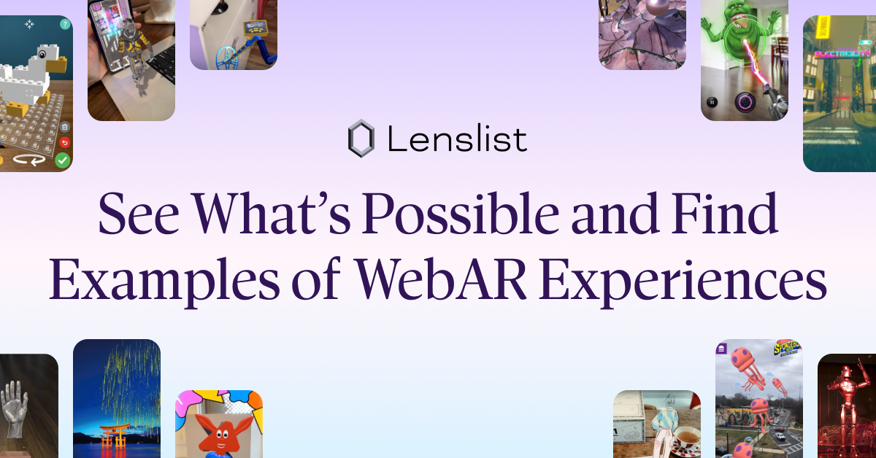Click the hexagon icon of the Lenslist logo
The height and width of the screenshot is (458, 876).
[x=361, y=139]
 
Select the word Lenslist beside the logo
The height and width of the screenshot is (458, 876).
[x=457, y=139]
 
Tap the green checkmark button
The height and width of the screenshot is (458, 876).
[x=63, y=160]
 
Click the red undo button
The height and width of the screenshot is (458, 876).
[x=64, y=142]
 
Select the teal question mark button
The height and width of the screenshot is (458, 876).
[x=65, y=25]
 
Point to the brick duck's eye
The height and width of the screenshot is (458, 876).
[x=43, y=54]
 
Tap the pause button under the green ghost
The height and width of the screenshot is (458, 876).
[x=712, y=102]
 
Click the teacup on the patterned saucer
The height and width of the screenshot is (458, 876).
[x=685, y=440]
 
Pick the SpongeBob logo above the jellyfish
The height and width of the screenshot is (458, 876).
[x=786, y=348]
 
